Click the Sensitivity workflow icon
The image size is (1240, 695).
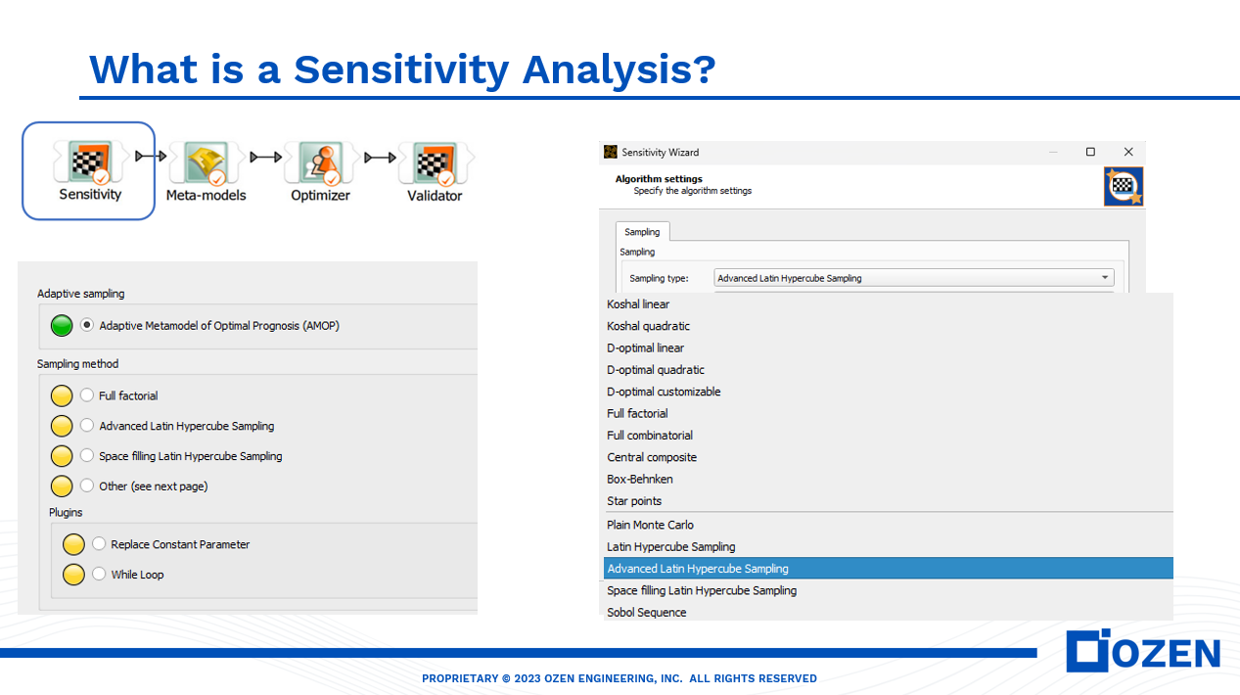[90, 162]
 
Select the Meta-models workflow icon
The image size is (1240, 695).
[206, 162]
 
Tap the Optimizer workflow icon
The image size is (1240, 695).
[320, 162]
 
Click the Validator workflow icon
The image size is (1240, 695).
[435, 162]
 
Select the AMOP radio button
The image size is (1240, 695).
[87, 325]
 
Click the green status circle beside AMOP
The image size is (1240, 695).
[62, 325]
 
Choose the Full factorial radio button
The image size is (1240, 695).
[87, 395]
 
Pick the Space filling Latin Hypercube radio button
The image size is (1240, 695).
[87, 456]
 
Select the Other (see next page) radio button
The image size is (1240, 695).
[87, 486]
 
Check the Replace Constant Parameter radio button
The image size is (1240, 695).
[99, 544]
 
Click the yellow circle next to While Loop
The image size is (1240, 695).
[73, 575]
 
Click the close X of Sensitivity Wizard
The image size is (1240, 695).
[1127, 152]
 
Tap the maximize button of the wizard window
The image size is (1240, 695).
[1090, 152]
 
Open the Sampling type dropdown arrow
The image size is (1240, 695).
[1105, 278]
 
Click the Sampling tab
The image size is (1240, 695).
[642, 232]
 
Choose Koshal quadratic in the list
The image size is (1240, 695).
[648, 326]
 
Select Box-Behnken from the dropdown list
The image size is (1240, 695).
[640, 479]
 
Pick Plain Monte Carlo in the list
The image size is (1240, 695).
[650, 525]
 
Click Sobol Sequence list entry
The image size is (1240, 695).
[646, 612]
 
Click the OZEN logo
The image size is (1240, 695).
[1143, 652]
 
